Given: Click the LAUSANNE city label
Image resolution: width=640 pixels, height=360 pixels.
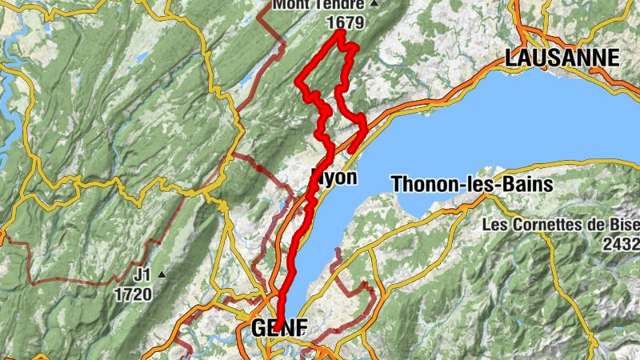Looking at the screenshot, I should [x=562, y=58].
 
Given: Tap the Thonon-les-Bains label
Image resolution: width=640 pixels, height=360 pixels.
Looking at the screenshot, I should [x=472, y=185].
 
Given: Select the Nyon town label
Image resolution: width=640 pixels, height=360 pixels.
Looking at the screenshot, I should [x=334, y=178].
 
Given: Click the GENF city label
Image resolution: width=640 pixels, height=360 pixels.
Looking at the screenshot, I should [x=279, y=329].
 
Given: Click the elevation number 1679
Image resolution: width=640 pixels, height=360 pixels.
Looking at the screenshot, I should [x=346, y=22].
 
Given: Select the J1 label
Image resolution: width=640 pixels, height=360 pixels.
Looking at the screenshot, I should [x=142, y=274].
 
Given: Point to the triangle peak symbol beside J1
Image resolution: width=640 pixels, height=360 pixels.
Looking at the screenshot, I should [x=163, y=274].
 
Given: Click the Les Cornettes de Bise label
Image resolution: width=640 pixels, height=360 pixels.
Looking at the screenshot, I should [x=560, y=225].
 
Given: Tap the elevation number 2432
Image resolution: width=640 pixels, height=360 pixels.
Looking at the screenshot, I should [x=623, y=243].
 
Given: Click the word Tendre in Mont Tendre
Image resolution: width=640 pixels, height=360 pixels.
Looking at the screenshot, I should [x=346, y=5].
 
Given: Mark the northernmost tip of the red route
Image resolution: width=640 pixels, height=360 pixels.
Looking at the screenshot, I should [x=340, y=32].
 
